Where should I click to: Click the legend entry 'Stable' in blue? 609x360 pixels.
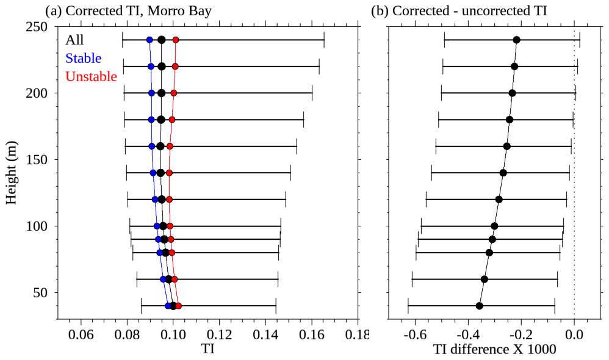click(x=83, y=59)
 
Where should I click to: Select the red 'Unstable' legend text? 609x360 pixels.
click(x=90, y=77)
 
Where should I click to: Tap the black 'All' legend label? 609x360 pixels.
click(x=75, y=40)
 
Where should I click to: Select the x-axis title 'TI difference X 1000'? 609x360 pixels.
click(x=495, y=350)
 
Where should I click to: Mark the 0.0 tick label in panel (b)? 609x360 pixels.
click(x=574, y=334)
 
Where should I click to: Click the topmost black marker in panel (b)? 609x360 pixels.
click(x=516, y=40)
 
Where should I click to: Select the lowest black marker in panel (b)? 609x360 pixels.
click(x=479, y=306)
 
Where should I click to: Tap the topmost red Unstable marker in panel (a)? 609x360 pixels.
click(x=176, y=40)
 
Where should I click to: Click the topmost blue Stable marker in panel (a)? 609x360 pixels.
click(x=150, y=40)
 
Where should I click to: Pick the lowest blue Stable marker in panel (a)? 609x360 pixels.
click(x=168, y=306)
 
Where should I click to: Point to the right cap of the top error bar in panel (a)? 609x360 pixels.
click(x=324, y=40)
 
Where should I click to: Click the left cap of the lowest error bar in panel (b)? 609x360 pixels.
click(x=408, y=306)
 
